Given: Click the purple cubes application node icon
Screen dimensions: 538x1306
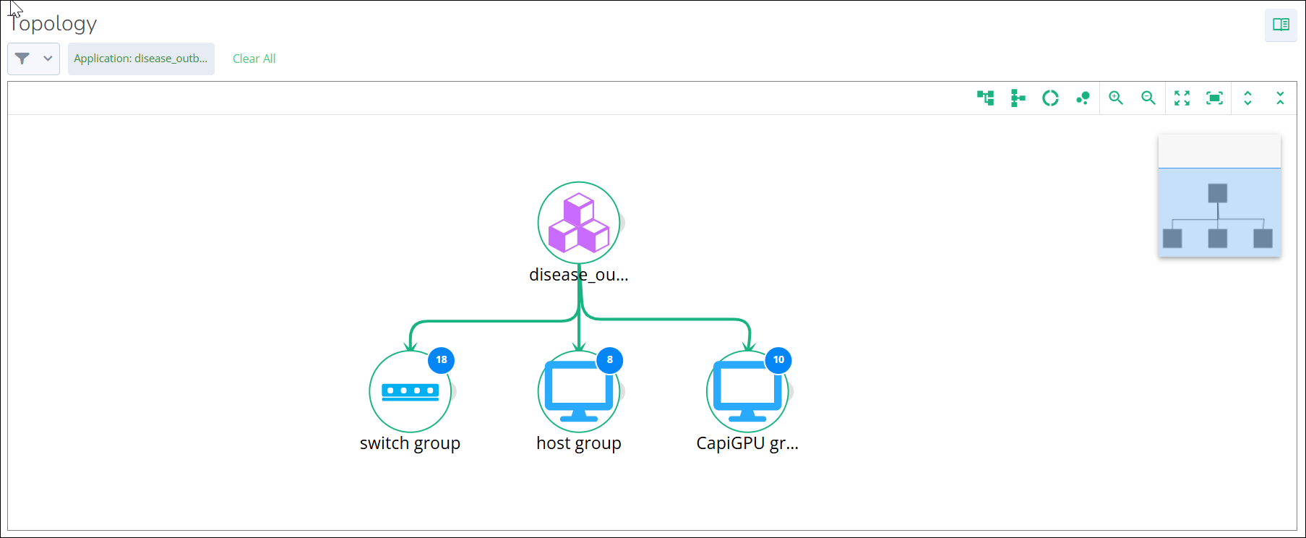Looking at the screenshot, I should point(578,223).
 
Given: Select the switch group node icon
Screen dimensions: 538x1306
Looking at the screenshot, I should point(410,391).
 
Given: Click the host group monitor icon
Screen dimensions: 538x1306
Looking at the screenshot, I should point(578,391).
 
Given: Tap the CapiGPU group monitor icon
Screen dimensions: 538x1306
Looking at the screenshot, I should point(747,391).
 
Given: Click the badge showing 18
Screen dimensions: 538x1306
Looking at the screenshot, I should point(442,359).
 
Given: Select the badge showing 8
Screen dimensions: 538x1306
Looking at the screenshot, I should point(610,359).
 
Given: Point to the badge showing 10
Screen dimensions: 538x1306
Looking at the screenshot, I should point(778,359).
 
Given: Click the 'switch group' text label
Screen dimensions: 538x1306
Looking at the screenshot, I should point(410,443).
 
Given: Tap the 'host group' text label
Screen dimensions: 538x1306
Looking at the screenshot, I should point(578,443).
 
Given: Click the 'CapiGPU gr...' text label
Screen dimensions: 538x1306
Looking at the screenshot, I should point(747,443).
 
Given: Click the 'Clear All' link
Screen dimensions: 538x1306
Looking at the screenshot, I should point(254,59).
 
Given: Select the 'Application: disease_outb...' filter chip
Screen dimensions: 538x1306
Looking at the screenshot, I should point(141,59).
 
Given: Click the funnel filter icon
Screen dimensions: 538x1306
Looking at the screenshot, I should point(22,59).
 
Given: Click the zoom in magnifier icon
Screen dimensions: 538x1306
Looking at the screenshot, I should point(1116,98).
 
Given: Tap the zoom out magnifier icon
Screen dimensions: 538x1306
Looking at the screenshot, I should point(1148,98).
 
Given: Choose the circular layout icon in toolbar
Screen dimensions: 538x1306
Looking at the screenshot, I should point(1050,98).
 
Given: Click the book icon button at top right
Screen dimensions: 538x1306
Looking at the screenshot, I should point(1281,25).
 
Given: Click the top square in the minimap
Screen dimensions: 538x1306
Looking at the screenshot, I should point(1218,193).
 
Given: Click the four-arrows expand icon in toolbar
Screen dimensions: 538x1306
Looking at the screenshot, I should point(1182,98).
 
